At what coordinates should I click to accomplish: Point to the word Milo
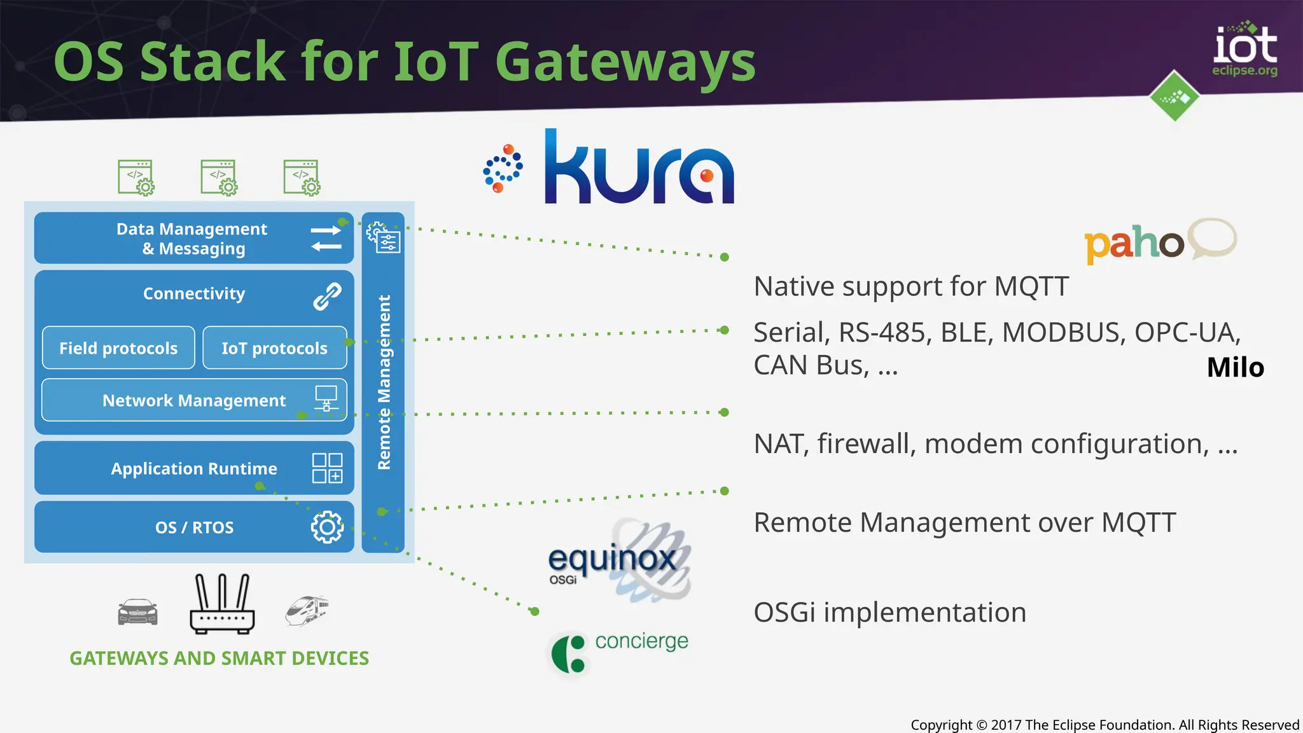[x=1235, y=368]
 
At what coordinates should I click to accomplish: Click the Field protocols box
[x=118, y=348]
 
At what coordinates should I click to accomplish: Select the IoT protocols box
[x=274, y=348]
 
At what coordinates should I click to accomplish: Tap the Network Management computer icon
[x=326, y=398]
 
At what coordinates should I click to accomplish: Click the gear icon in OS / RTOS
[x=327, y=527]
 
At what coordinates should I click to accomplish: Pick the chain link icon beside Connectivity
[x=327, y=296]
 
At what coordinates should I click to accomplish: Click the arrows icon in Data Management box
[x=326, y=238]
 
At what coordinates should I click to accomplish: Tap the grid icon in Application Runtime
[x=327, y=468]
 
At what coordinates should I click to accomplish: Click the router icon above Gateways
[x=222, y=604]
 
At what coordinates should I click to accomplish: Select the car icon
[x=137, y=612]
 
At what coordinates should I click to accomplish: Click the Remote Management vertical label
[x=384, y=382]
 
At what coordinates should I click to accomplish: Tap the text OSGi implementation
[x=889, y=613]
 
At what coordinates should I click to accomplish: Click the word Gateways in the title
[x=625, y=62]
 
